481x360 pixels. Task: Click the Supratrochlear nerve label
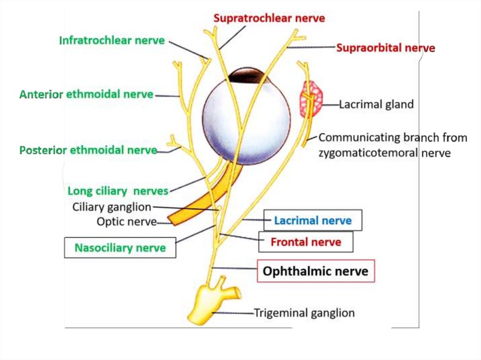(269, 18)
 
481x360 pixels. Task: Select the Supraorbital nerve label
(385, 48)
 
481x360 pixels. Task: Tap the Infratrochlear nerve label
(112, 40)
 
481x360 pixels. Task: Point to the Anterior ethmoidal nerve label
(86, 94)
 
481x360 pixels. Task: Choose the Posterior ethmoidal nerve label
(88, 151)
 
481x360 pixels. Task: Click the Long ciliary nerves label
(117, 191)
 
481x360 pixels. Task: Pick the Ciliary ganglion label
(112, 207)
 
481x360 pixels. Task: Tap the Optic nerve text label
(126, 222)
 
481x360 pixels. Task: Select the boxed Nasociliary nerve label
(120, 248)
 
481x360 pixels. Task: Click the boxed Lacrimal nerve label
(313, 221)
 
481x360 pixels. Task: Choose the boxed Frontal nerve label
(306, 242)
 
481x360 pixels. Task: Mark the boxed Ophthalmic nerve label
(316, 271)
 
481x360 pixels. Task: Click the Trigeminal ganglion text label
(304, 313)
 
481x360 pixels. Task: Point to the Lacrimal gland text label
(376, 104)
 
